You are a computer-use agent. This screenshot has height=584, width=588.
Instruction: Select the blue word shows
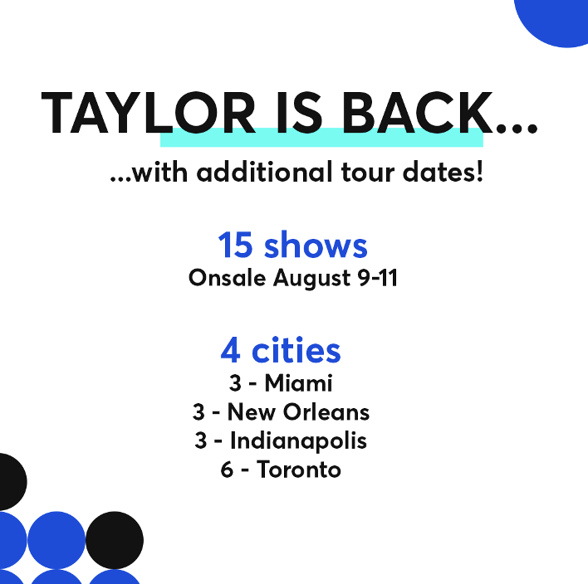point(316,246)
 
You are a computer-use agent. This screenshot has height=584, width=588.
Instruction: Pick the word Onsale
point(228,278)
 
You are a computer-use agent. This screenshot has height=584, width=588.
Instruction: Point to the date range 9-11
point(376,278)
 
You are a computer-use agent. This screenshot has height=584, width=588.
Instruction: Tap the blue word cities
point(296,352)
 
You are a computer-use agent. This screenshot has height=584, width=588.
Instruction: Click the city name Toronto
point(299,470)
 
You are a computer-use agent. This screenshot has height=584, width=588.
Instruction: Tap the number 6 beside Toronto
point(227,470)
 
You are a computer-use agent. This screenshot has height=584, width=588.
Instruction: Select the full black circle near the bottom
point(115,541)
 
